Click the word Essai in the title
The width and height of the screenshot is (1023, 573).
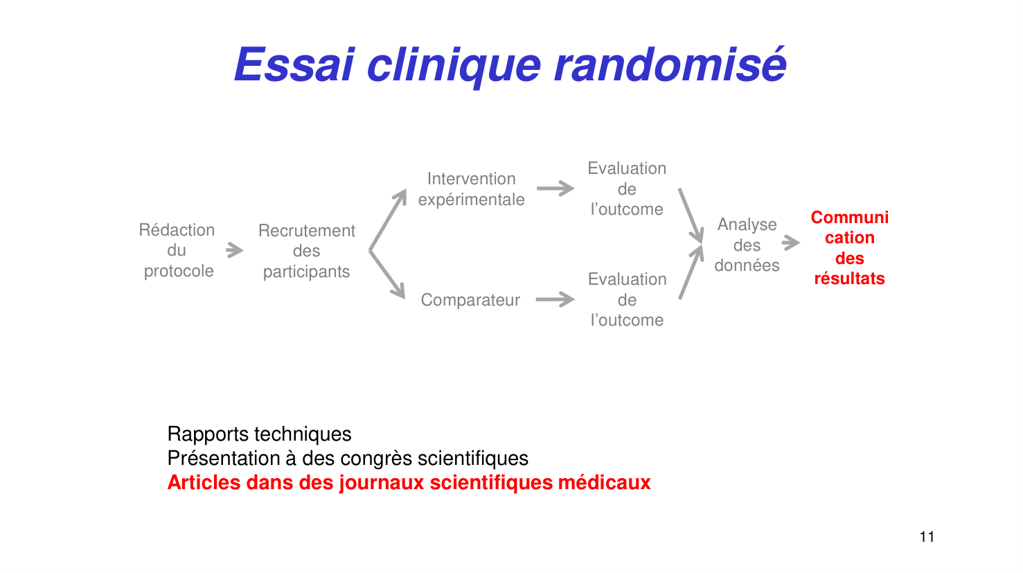[294, 64]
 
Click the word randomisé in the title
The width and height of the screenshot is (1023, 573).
[670, 64]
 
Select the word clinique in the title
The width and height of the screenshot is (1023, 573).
[454, 64]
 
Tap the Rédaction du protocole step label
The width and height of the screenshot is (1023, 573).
[177, 250]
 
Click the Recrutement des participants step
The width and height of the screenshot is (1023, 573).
[306, 251]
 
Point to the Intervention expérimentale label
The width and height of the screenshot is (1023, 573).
[471, 189]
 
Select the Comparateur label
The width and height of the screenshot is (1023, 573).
[470, 300]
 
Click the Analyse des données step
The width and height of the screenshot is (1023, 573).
[747, 245]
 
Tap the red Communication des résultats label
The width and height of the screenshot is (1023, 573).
[849, 247]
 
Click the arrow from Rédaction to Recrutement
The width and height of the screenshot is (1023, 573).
[235, 250]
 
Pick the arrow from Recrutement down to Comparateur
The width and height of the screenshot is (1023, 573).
[388, 275]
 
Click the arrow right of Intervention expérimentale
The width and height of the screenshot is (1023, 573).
[555, 188]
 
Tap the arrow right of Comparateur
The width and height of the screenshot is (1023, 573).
[555, 299]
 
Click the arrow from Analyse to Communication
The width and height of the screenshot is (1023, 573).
[790, 243]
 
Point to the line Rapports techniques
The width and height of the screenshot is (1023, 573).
[259, 434]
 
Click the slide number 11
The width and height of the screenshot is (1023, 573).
[927, 537]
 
